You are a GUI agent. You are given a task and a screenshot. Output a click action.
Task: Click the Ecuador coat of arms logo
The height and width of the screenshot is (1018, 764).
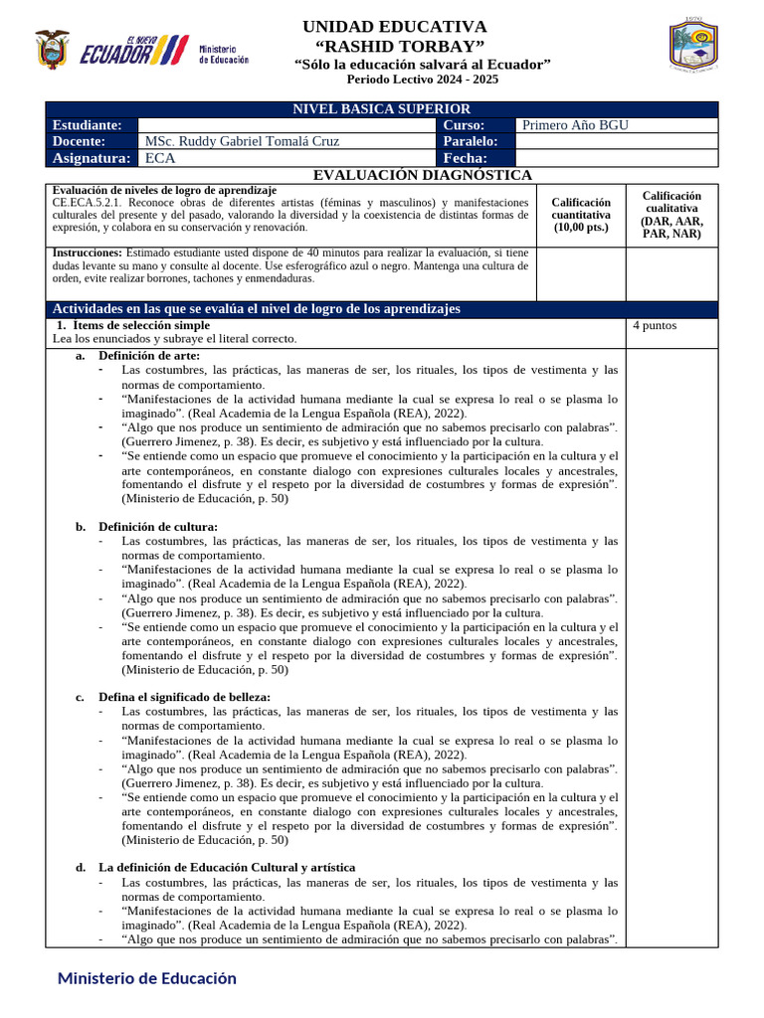(52, 49)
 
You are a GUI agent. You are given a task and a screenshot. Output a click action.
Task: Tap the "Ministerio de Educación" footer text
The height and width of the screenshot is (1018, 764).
(147, 978)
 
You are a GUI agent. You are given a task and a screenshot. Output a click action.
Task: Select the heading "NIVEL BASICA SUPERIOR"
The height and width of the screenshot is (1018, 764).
(381, 108)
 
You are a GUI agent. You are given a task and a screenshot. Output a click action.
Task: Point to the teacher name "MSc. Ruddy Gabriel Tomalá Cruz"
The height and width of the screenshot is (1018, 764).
(242, 141)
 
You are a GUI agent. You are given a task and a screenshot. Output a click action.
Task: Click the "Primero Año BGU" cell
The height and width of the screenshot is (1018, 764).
(575, 125)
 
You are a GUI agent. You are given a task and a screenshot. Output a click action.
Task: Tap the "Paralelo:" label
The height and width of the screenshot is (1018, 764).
(471, 141)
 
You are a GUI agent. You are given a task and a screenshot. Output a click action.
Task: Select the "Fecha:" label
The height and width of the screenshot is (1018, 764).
(465, 158)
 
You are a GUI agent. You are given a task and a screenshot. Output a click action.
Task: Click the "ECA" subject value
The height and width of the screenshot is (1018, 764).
(158, 158)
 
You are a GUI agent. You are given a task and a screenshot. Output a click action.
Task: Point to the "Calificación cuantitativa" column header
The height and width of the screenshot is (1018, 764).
(581, 214)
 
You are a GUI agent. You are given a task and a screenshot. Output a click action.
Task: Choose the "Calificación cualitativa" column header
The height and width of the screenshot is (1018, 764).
(670, 215)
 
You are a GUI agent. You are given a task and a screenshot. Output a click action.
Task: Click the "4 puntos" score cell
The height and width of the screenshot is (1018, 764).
(655, 325)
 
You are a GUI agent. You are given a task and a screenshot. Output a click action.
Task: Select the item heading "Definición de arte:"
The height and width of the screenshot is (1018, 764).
(149, 356)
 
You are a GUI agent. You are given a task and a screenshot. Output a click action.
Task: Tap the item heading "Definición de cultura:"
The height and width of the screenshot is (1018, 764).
(157, 526)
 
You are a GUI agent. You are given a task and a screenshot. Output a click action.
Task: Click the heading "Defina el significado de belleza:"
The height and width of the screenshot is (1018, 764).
(184, 697)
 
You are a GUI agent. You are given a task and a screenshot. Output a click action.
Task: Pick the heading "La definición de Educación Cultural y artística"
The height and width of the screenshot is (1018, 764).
(226, 868)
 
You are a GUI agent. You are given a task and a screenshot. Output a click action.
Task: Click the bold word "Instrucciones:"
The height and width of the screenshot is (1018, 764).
(88, 253)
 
